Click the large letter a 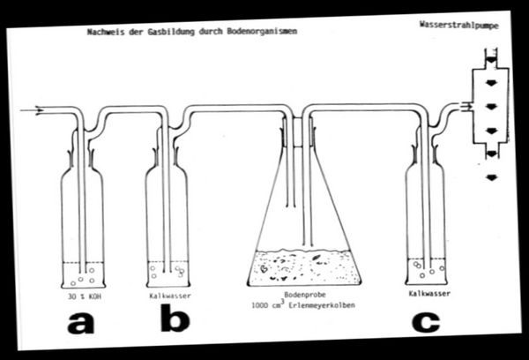[80, 323]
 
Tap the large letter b [175, 320]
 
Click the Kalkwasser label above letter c [430, 292]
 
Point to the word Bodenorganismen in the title [267, 31]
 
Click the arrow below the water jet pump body [490, 177]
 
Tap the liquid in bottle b [168, 273]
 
